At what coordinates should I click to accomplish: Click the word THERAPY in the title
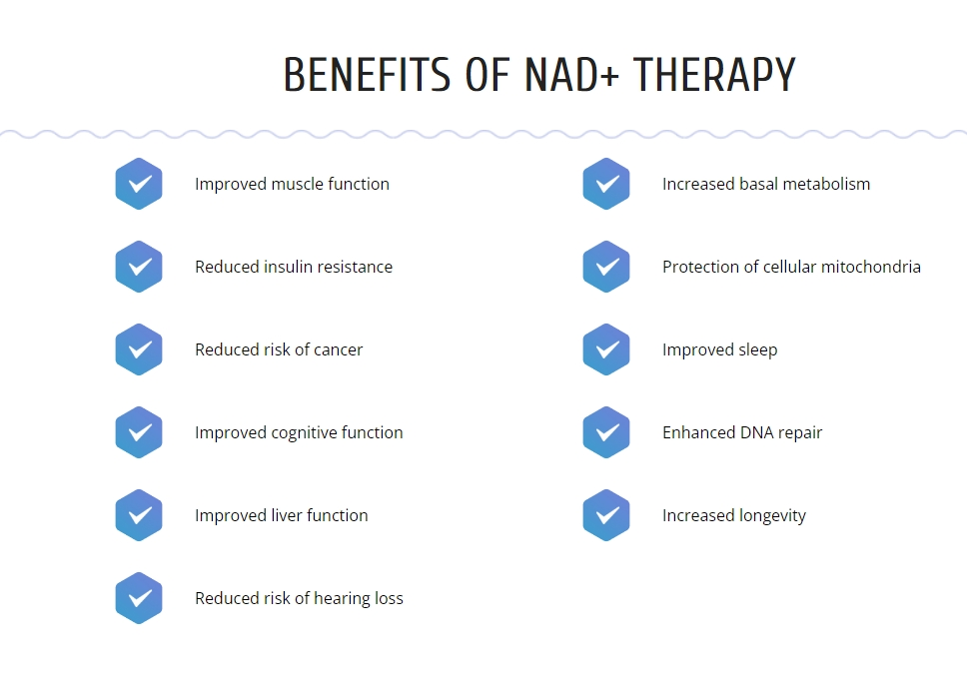click(714, 75)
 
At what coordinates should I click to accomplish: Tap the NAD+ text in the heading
click(571, 75)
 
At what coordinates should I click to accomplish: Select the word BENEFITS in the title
click(367, 75)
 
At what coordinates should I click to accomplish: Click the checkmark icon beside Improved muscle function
click(139, 184)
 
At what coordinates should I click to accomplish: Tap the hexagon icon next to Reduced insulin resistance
click(139, 267)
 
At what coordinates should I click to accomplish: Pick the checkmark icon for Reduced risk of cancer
click(139, 349)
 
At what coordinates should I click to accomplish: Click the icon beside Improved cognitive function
click(139, 432)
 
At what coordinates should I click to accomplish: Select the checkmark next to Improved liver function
click(139, 515)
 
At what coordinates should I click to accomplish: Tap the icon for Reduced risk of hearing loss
click(139, 598)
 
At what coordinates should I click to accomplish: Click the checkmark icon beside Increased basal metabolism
click(606, 184)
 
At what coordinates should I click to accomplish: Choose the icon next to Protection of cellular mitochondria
click(606, 267)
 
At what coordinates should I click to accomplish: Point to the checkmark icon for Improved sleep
click(606, 349)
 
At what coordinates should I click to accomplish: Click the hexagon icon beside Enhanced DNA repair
click(606, 432)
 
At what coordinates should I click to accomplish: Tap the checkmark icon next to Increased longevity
click(606, 515)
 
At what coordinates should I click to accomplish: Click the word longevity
click(769, 516)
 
